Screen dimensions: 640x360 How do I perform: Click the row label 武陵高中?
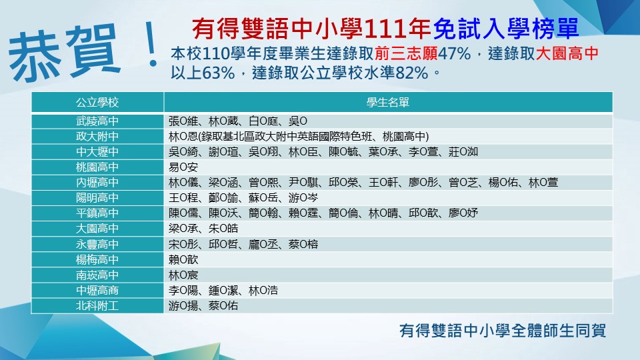click(x=97, y=121)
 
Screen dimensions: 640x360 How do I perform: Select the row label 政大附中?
click(x=97, y=136)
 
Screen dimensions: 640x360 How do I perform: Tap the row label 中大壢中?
click(x=97, y=152)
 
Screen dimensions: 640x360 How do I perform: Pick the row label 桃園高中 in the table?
click(x=97, y=167)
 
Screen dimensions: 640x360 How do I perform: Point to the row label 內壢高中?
click(x=97, y=183)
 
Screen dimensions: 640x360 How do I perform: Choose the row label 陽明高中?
click(x=97, y=198)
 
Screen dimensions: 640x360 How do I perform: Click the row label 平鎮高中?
click(x=97, y=213)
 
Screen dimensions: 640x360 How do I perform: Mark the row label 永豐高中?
click(x=97, y=244)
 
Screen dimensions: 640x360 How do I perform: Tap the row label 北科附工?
click(x=97, y=306)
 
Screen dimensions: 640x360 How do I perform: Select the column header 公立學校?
click(x=97, y=103)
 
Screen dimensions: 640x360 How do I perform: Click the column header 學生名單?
click(x=388, y=103)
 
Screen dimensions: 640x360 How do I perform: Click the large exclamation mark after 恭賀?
click(x=152, y=44)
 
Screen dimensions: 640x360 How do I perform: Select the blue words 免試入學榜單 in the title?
click(x=506, y=29)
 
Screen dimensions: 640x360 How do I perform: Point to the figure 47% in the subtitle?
click(x=455, y=53)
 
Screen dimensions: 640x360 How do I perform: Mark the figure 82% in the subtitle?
click(x=412, y=73)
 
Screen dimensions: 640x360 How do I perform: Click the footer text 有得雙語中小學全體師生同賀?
click(x=503, y=331)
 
